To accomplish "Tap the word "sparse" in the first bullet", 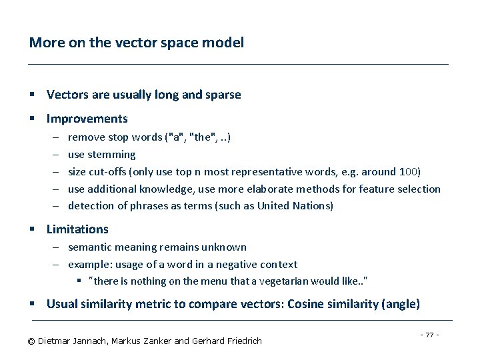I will [x=221, y=95].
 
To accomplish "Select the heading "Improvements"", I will [x=87, y=119].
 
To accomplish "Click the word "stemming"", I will [x=111, y=155].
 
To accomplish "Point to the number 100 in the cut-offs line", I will [x=407, y=171].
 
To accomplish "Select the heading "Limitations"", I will [x=77, y=229].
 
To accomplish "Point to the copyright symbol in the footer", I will [x=31, y=341].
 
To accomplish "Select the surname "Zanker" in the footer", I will [x=155, y=341].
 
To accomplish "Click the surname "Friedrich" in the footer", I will [x=241, y=341].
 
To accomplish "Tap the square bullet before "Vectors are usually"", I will [x=32, y=95].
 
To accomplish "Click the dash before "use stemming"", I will [x=54, y=155].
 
